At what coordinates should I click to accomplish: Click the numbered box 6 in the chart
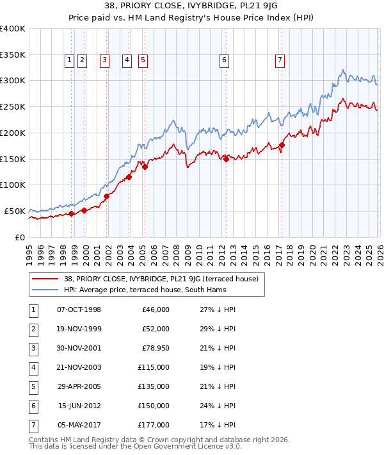pos(224,60)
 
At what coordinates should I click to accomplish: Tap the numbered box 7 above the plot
pos(280,60)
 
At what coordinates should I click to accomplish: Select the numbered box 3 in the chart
pos(104,60)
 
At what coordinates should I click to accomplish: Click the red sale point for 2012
pos(226,159)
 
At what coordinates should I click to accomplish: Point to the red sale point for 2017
pos(282,145)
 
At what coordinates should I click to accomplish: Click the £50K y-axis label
pos(15,211)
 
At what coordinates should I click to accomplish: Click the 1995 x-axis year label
pos(29,254)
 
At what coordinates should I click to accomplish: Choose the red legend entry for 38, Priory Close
pos(161,279)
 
